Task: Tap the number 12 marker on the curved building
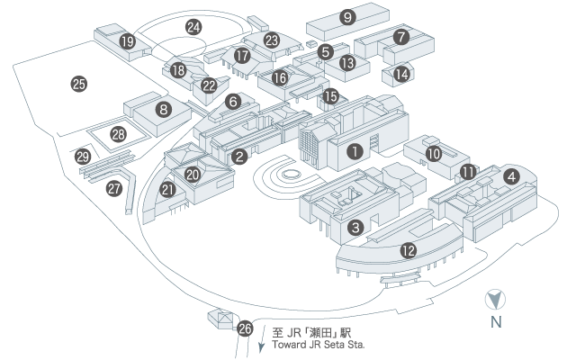click(409, 250)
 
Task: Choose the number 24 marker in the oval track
click(193, 27)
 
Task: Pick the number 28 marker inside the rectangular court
click(118, 134)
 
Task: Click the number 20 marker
click(192, 174)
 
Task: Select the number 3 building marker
click(356, 228)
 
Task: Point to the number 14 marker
click(401, 73)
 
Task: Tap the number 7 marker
click(401, 37)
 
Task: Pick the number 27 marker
click(114, 188)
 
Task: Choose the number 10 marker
click(434, 154)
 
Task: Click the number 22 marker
click(209, 85)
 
